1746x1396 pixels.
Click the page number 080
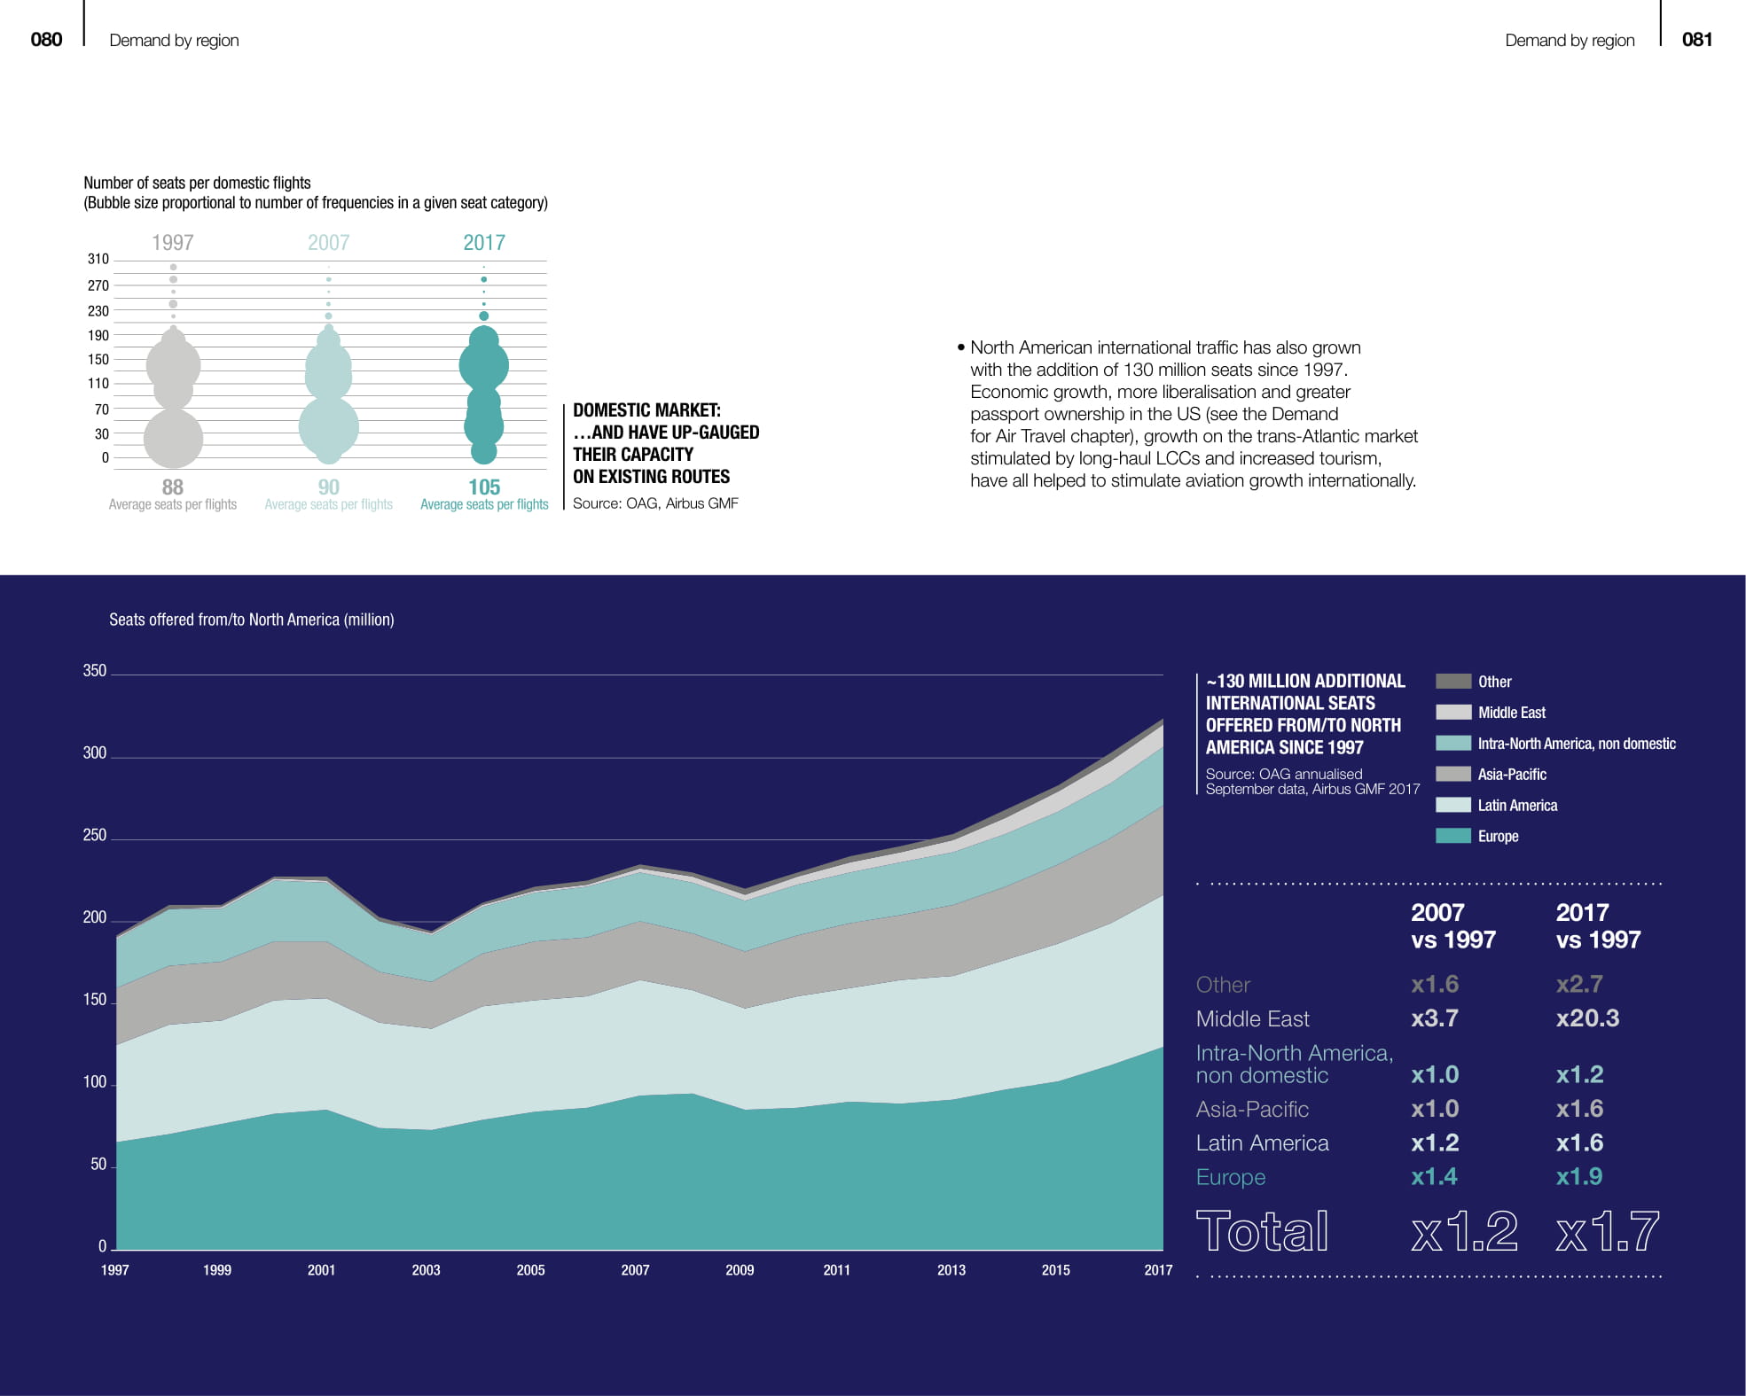click(46, 39)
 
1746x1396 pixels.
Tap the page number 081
click(1696, 39)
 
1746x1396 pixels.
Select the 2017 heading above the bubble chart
click(484, 242)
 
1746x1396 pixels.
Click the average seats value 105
click(484, 487)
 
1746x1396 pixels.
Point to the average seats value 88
click(173, 487)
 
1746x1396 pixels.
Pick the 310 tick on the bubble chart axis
click(98, 259)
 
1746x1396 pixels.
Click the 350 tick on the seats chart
click(95, 671)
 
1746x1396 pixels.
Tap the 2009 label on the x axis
click(740, 1270)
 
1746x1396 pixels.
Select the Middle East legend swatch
click(1452, 712)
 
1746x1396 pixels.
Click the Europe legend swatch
click(1452, 836)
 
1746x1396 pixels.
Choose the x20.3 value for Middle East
click(1587, 1018)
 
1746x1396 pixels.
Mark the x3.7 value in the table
click(1435, 1018)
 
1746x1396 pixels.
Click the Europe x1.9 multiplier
click(1579, 1176)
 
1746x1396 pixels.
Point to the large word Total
click(1262, 1231)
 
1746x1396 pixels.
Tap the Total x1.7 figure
click(1607, 1231)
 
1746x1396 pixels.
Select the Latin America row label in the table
click(1262, 1143)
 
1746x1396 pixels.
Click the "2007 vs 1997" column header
click(1452, 926)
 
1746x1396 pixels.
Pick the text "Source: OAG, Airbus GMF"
click(655, 503)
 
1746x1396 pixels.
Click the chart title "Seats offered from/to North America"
click(251, 620)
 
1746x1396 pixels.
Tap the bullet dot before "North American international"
click(961, 347)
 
